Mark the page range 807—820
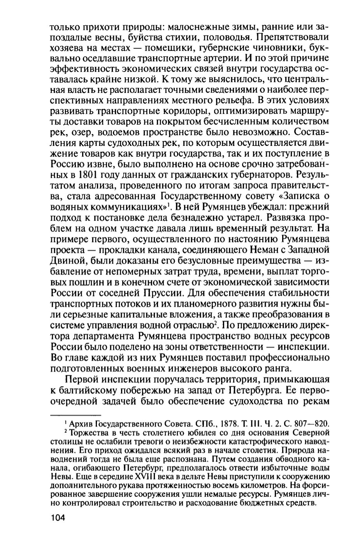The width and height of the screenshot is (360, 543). coord(310,423)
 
